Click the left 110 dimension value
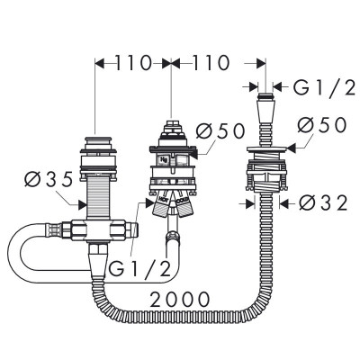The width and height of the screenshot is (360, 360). (132, 64)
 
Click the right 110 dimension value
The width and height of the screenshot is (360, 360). (208, 64)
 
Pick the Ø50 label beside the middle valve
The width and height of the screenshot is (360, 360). (217, 131)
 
